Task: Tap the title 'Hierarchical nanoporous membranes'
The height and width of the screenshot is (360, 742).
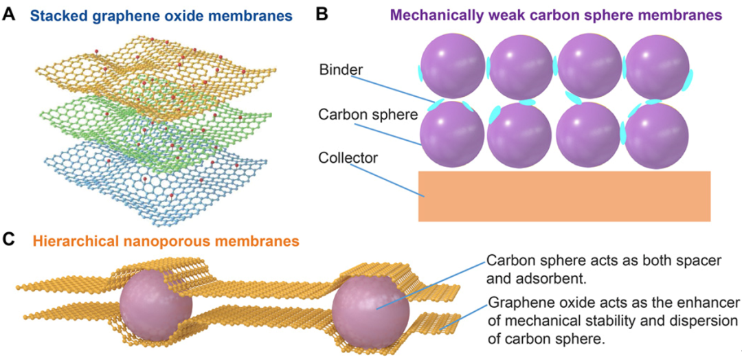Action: pyautogui.click(x=165, y=241)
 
